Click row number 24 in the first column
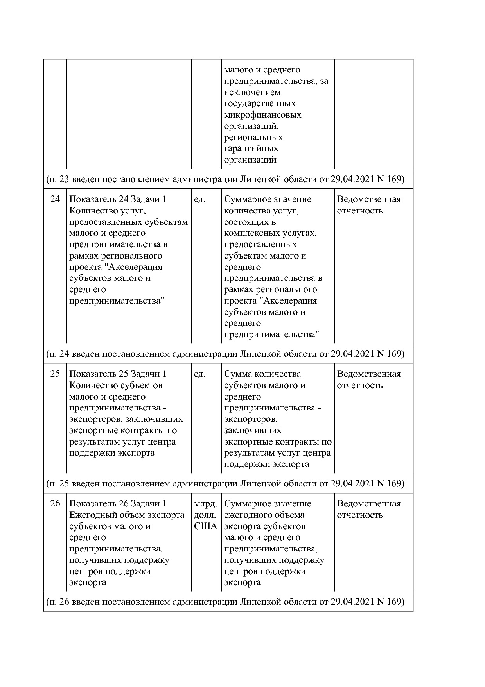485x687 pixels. [x=55, y=199]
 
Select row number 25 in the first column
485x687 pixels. [x=55, y=374]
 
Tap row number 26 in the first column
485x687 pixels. [x=55, y=504]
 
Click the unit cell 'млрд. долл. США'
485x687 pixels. [x=205, y=515]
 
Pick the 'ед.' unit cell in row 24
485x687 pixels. [x=199, y=199]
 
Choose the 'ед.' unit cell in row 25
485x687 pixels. [x=199, y=374]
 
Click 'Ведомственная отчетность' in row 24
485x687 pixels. [x=368, y=205]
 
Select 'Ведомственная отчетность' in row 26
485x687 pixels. [x=368, y=509]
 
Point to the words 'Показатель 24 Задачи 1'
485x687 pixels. [x=118, y=199]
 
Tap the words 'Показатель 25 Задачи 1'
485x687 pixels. [x=118, y=374]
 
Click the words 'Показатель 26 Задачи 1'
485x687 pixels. [x=118, y=504]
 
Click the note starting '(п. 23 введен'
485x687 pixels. [x=225, y=179]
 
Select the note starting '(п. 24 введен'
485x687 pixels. [x=225, y=354]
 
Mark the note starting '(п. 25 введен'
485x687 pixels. [x=225, y=484]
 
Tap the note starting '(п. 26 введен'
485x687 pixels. [x=225, y=602]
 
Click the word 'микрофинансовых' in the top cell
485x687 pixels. [x=262, y=115]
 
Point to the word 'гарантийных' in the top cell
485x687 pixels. [x=251, y=149]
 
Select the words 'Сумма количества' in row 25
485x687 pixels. [x=262, y=374]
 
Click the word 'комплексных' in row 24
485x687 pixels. [x=252, y=233]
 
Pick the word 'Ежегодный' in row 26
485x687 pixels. [x=91, y=515]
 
